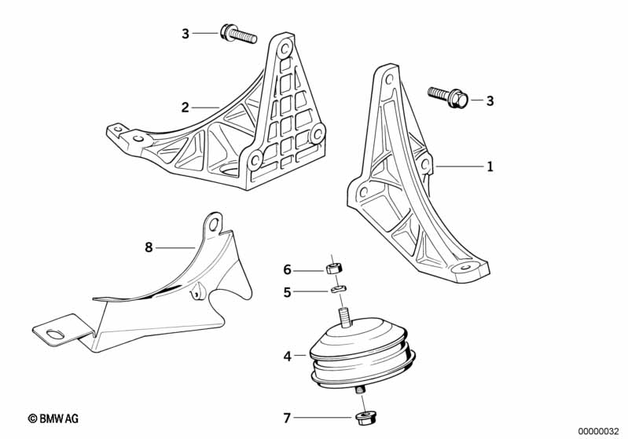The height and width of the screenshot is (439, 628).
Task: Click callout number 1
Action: coord(490,166)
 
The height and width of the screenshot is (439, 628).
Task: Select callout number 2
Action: coord(185,108)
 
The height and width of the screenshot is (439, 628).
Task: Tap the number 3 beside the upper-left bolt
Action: coord(185,33)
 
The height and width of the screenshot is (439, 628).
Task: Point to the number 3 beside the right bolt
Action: coord(490,101)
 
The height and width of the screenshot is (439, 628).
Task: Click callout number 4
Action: coord(288,357)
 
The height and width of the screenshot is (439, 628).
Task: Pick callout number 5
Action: coord(288,292)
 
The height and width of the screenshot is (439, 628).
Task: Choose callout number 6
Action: coord(288,270)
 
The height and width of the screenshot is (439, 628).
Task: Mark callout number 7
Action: coord(288,417)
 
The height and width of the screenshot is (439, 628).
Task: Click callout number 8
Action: coord(149,247)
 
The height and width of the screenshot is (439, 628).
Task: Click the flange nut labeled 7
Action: coord(364,416)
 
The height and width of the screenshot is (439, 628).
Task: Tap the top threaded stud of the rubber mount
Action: coord(344,318)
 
